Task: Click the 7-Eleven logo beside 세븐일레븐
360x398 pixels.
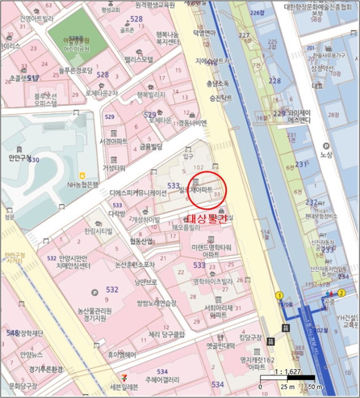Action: click(x=126, y=377)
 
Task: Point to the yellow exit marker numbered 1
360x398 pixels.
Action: click(x=279, y=295)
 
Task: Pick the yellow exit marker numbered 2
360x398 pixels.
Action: click(x=341, y=293)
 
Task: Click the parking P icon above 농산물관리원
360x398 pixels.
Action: click(x=94, y=292)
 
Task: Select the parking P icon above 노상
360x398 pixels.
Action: click(x=326, y=145)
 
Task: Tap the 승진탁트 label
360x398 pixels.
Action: click(x=219, y=97)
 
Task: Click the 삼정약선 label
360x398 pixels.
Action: click(x=322, y=68)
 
